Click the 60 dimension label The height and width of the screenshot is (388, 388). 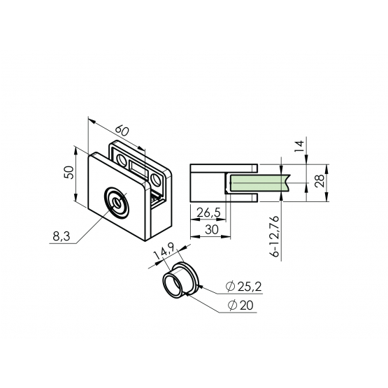(122, 131)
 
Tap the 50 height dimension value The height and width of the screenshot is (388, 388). (69, 172)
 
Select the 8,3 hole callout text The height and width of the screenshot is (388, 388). (62, 236)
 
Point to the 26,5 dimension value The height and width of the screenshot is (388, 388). (208, 213)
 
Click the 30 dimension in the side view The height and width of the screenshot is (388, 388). (212, 230)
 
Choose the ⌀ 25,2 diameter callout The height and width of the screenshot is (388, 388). (243, 287)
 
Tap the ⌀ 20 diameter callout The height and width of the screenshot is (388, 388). (240, 306)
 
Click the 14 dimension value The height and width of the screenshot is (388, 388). (299, 146)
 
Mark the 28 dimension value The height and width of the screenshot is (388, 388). (319, 181)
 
